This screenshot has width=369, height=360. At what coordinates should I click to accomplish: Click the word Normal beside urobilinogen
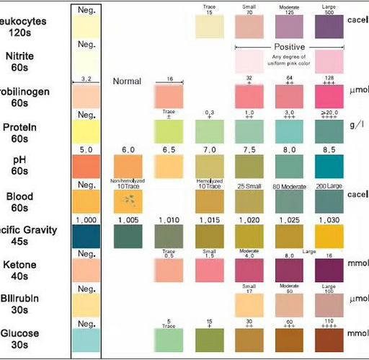click(x=127, y=82)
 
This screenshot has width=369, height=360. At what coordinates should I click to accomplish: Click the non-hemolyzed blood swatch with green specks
click(x=128, y=201)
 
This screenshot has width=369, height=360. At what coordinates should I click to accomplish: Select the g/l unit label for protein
click(x=356, y=125)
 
